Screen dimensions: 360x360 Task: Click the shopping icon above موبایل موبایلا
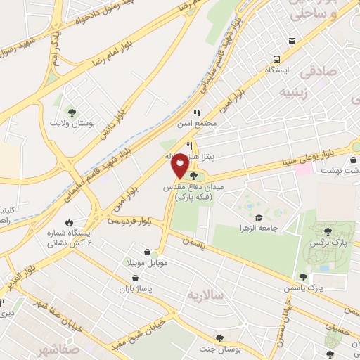tap(146, 252)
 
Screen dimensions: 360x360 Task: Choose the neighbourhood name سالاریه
tap(205, 295)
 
